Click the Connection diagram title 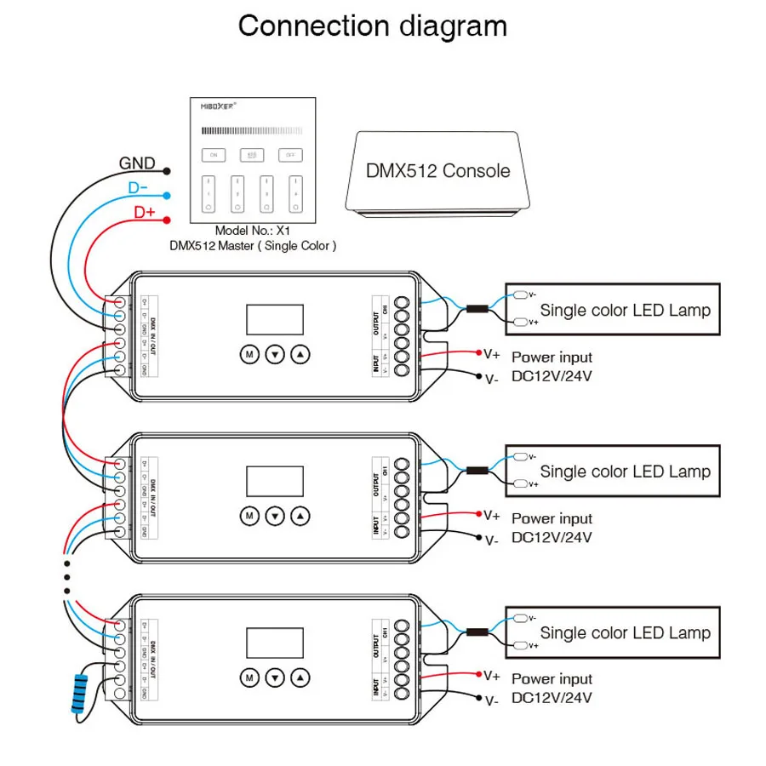(372, 26)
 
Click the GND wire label (136, 163)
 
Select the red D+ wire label (143, 209)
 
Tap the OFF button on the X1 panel (290, 155)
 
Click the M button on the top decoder (249, 353)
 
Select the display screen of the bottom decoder (275, 643)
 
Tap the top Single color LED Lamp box (608, 310)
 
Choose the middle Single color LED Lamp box (608, 471)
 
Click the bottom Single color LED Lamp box (608, 632)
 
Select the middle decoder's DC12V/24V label (552, 537)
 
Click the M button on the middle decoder (249, 515)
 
